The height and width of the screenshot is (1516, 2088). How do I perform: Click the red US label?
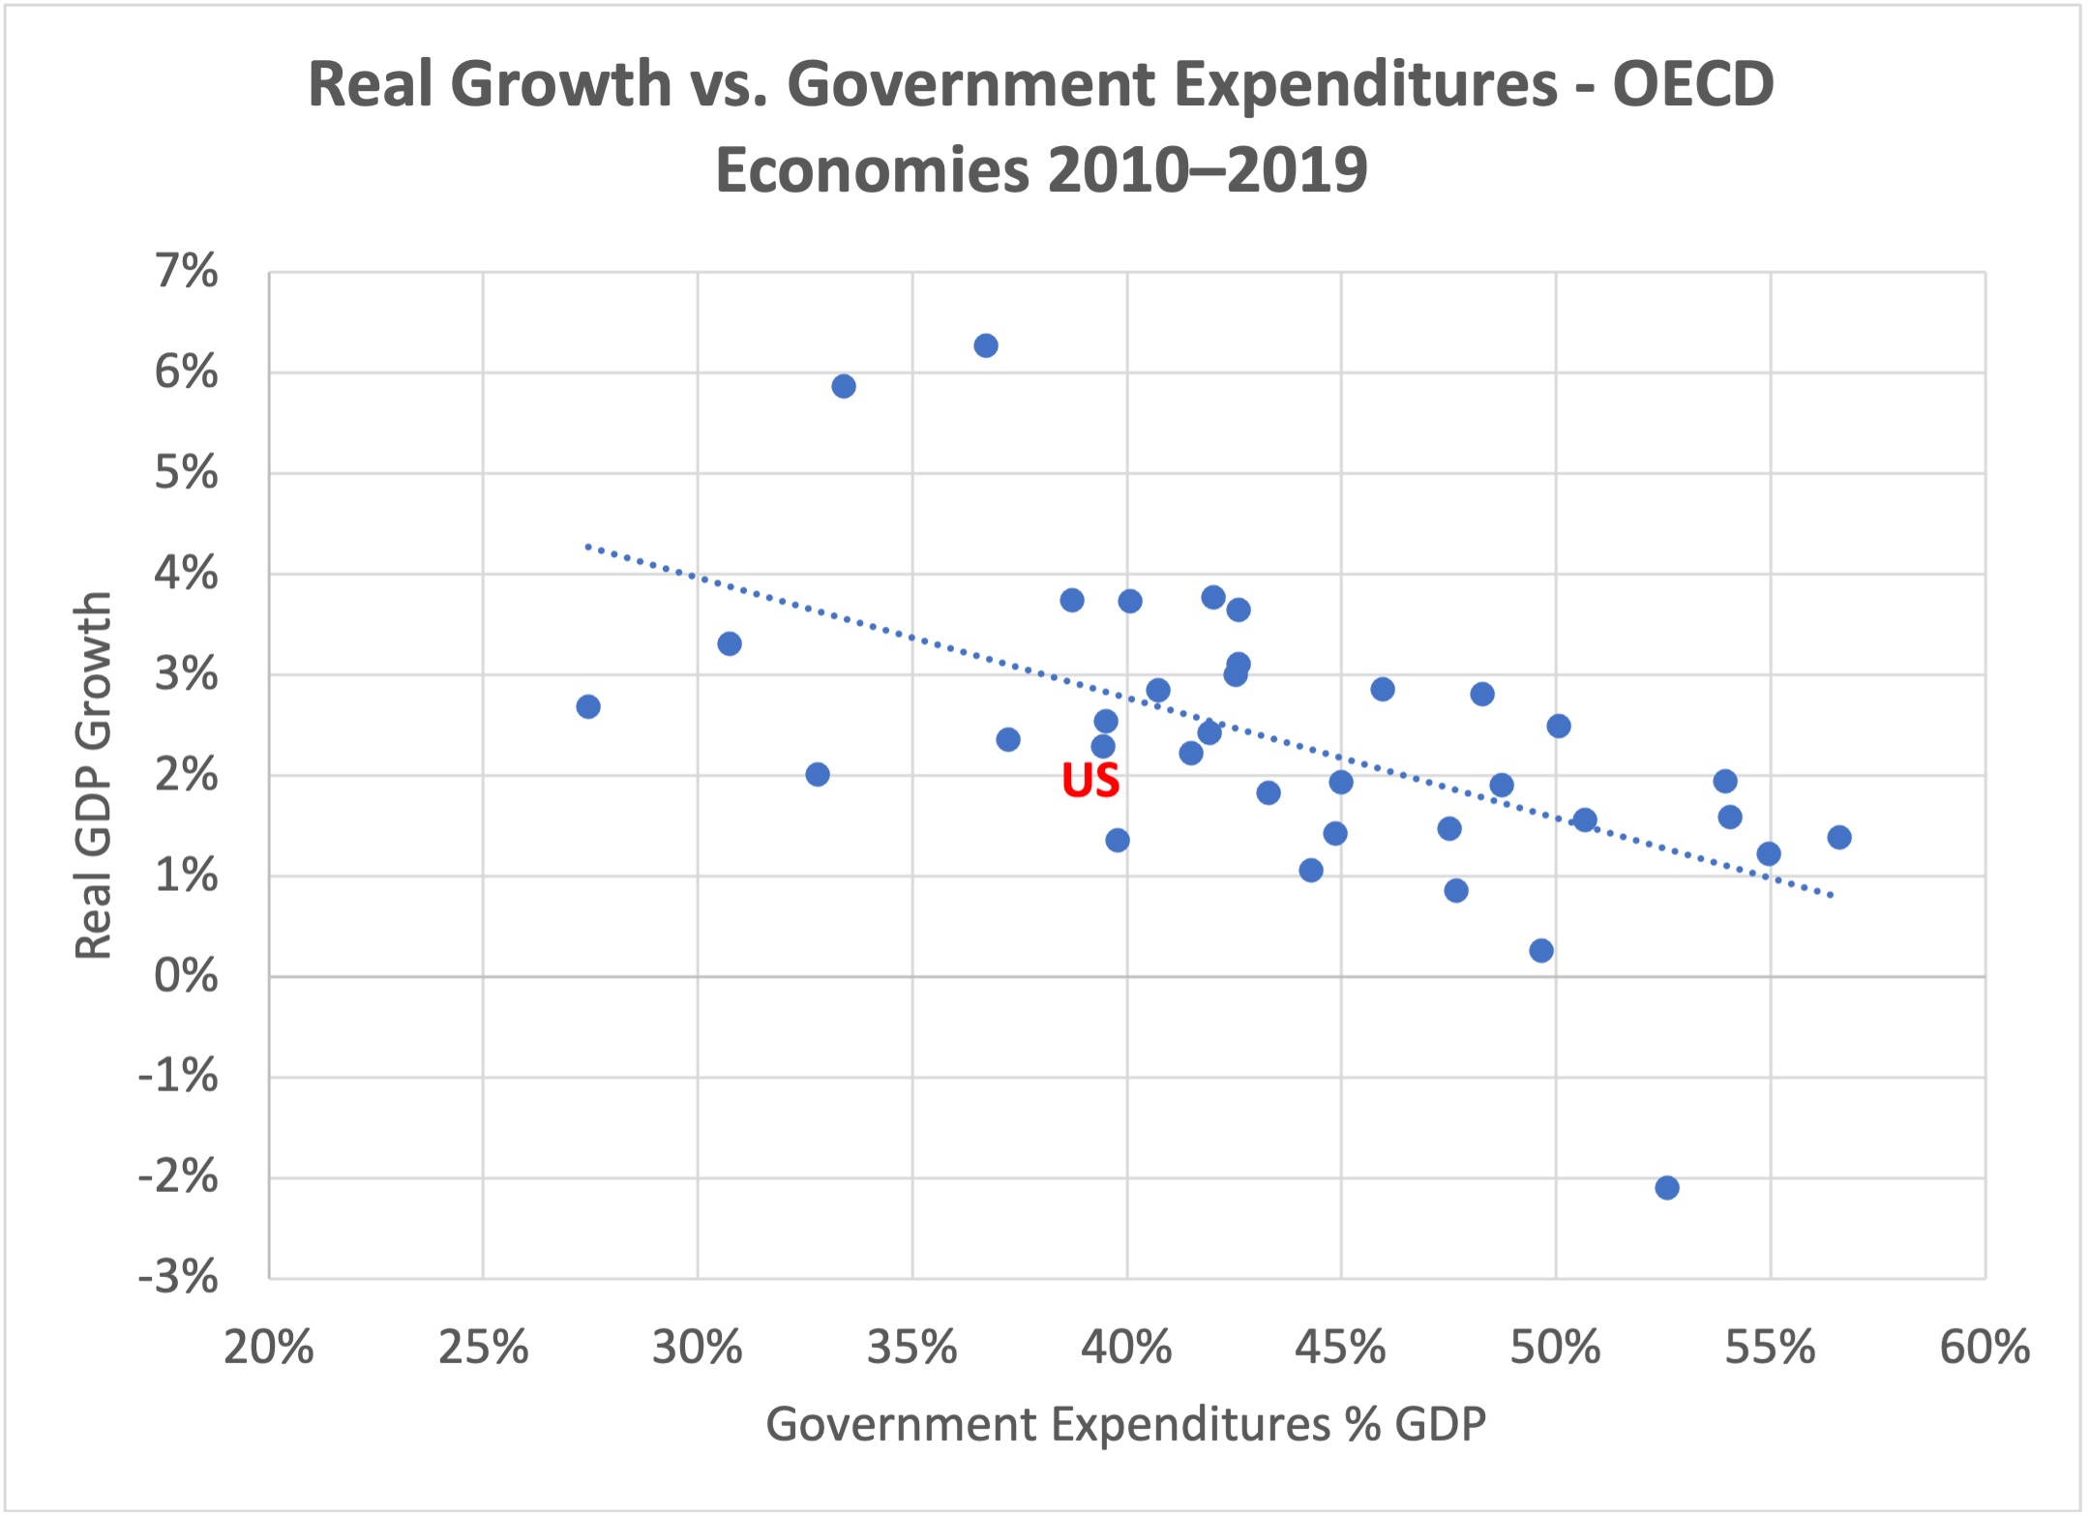click(x=1090, y=781)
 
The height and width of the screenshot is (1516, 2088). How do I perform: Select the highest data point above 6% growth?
click(x=986, y=346)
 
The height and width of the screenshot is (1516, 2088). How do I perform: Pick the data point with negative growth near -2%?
click(x=1667, y=1188)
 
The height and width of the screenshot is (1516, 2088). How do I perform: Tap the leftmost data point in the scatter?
click(x=588, y=707)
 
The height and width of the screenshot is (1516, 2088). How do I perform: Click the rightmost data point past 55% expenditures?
click(x=1839, y=838)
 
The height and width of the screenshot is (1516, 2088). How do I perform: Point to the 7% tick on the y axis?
click(x=187, y=272)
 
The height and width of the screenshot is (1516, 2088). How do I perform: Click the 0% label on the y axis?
click(x=187, y=976)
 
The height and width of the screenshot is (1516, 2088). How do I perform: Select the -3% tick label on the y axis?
click(x=179, y=1278)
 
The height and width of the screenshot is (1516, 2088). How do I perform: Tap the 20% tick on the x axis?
click(x=269, y=1348)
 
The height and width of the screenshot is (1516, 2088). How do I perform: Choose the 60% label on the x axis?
click(x=1984, y=1348)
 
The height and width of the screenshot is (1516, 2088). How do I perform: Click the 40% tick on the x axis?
click(x=1127, y=1348)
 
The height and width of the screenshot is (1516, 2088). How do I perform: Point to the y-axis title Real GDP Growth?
click(x=94, y=775)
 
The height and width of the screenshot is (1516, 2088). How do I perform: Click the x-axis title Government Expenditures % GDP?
click(x=1125, y=1424)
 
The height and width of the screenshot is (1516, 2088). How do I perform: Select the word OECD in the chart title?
click(x=1692, y=84)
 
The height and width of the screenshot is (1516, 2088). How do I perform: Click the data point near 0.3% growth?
click(x=1541, y=951)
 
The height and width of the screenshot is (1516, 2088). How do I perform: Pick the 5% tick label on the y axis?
click(x=187, y=473)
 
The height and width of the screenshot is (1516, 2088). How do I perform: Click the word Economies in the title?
click(x=872, y=170)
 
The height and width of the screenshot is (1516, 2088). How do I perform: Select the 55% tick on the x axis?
click(x=1770, y=1348)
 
